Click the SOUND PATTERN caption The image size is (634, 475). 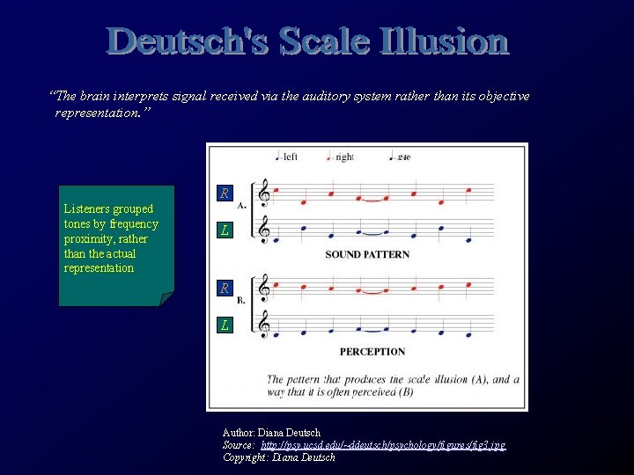pyautogui.click(x=367, y=254)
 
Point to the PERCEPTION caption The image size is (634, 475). pyautogui.click(x=372, y=351)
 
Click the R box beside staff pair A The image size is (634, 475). pyautogui.click(x=225, y=193)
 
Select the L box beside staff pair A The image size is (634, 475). pyautogui.click(x=225, y=230)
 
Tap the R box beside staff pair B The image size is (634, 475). pyautogui.click(x=225, y=288)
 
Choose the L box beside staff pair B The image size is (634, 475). pyautogui.click(x=225, y=325)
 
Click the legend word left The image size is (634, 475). pyautogui.click(x=290, y=157)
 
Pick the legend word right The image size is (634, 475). pyautogui.click(x=344, y=157)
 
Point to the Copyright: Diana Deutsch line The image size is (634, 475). pyautogui.click(x=279, y=457)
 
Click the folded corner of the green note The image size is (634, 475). pyautogui.click(x=166, y=298)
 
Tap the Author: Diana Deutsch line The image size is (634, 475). pyautogui.click(x=271, y=433)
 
